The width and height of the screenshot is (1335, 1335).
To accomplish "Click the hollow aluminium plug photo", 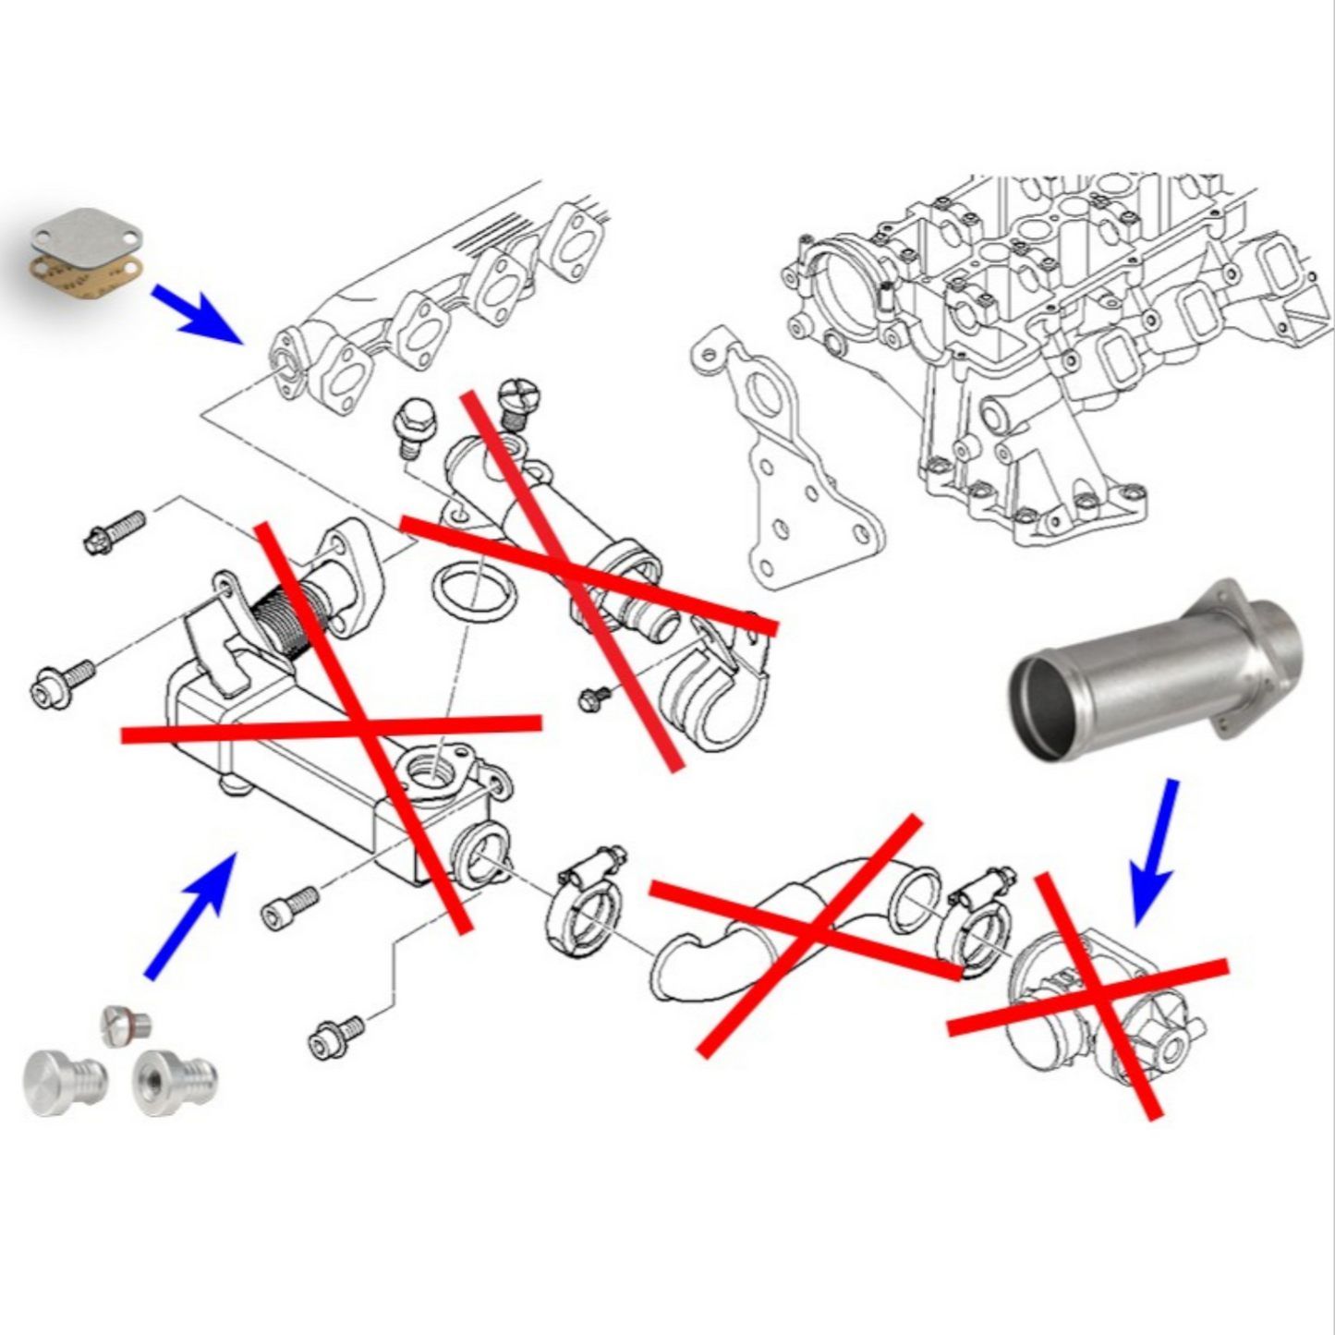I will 173,1083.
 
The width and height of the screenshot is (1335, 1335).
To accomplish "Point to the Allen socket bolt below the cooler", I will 291,909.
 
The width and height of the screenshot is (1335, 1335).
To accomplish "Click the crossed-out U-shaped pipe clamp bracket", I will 716,684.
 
